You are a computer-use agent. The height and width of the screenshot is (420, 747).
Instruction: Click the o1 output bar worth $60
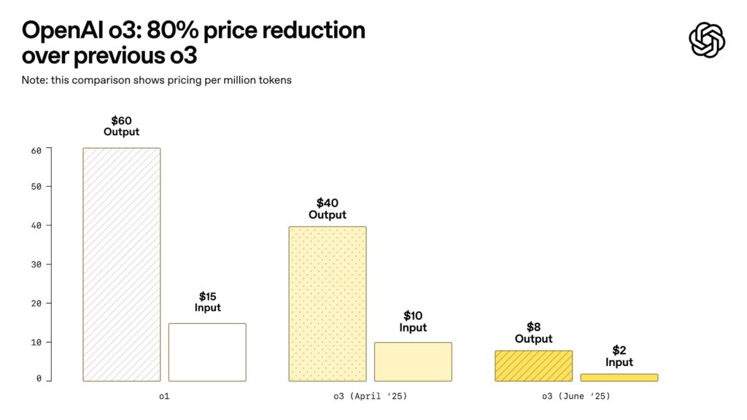[x=122, y=264]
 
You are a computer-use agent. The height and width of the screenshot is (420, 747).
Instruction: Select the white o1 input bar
[x=207, y=352]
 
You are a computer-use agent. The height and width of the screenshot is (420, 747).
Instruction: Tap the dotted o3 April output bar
[x=328, y=303]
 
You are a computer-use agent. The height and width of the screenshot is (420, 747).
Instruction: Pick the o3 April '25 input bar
[x=413, y=362]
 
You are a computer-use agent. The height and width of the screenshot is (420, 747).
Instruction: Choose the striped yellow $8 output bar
[x=533, y=366]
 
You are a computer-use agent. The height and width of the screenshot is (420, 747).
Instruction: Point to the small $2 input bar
[x=619, y=377]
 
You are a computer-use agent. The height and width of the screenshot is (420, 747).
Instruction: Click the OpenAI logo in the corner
[x=706, y=39]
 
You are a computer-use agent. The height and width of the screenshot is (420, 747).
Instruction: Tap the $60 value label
[x=122, y=120]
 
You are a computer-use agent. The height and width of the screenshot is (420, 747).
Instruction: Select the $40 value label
[x=328, y=203]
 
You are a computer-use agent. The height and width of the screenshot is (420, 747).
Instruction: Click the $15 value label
[x=207, y=296]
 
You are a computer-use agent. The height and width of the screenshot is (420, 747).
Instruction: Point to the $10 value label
[x=413, y=316]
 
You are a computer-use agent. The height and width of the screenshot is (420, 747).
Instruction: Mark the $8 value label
[x=533, y=327]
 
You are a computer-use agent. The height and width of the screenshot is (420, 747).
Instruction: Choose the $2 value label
[x=619, y=350]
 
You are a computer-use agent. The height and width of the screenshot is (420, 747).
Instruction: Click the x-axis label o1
[x=164, y=397]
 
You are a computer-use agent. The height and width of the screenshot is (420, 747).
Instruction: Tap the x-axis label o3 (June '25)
[x=576, y=397]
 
